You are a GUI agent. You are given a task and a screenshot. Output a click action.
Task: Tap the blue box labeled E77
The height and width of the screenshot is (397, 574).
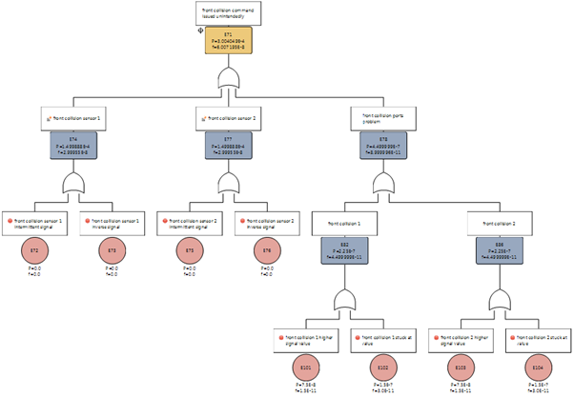pos(229,147)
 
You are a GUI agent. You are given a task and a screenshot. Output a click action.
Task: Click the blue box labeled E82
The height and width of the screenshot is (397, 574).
pos(344,254)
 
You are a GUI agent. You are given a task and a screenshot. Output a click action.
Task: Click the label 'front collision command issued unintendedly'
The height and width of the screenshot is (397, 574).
pos(226,13)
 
